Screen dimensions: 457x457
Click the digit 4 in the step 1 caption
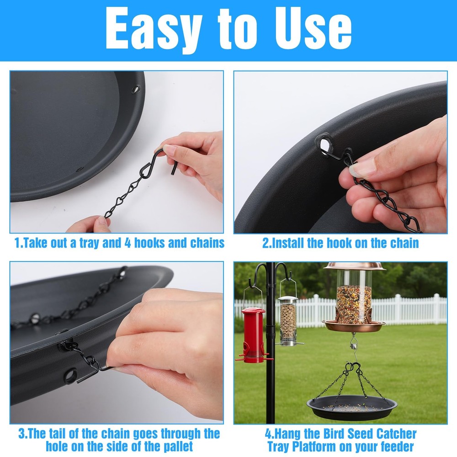pyautogui.click(x=128, y=243)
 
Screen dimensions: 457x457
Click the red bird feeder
pyautogui.click(x=253, y=335)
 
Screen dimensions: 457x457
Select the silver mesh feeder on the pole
pyautogui.click(x=288, y=321)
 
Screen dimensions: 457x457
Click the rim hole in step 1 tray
pyautogui.click(x=136, y=89)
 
